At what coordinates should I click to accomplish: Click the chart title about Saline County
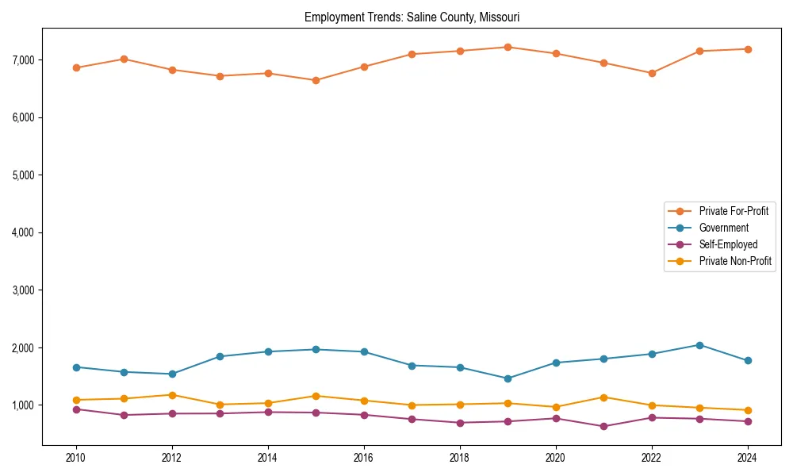[412, 17]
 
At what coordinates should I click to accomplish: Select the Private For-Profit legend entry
[733, 211]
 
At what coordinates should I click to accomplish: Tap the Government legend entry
[723, 228]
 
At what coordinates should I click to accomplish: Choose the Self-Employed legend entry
[728, 244]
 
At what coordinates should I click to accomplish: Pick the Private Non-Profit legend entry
[735, 261]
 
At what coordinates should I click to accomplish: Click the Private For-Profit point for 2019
[508, 48]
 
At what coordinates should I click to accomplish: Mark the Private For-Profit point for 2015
[316, 80]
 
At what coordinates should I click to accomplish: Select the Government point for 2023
[699, 345]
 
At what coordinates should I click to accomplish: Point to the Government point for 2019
[508, 378]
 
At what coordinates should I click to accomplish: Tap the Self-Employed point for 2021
[603, 426]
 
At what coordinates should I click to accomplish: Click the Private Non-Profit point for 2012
[172, 395]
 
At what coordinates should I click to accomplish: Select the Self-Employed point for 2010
[76, 409]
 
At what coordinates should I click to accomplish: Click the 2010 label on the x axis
[76, 458]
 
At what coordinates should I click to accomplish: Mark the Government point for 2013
[220, 356]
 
